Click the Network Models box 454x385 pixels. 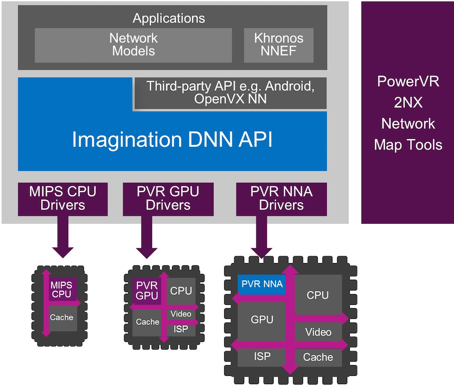(x=133, y=45)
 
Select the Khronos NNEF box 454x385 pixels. (x=278, y=45)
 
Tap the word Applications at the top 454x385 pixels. (x=169, y=18)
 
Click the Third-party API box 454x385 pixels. (x=230, y=92)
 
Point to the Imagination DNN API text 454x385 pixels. (x=172, y=139)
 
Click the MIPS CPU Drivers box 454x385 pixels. (x=62, y=198)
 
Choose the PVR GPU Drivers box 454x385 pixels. (x=168, y=198)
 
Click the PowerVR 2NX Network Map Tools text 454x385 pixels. (x=408, y=113)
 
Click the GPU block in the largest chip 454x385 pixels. (x=262, y=319)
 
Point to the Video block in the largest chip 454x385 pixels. (x=318, y=332)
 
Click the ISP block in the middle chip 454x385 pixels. (x=181, y=329)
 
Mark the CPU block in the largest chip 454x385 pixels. (x=318, y=295)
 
